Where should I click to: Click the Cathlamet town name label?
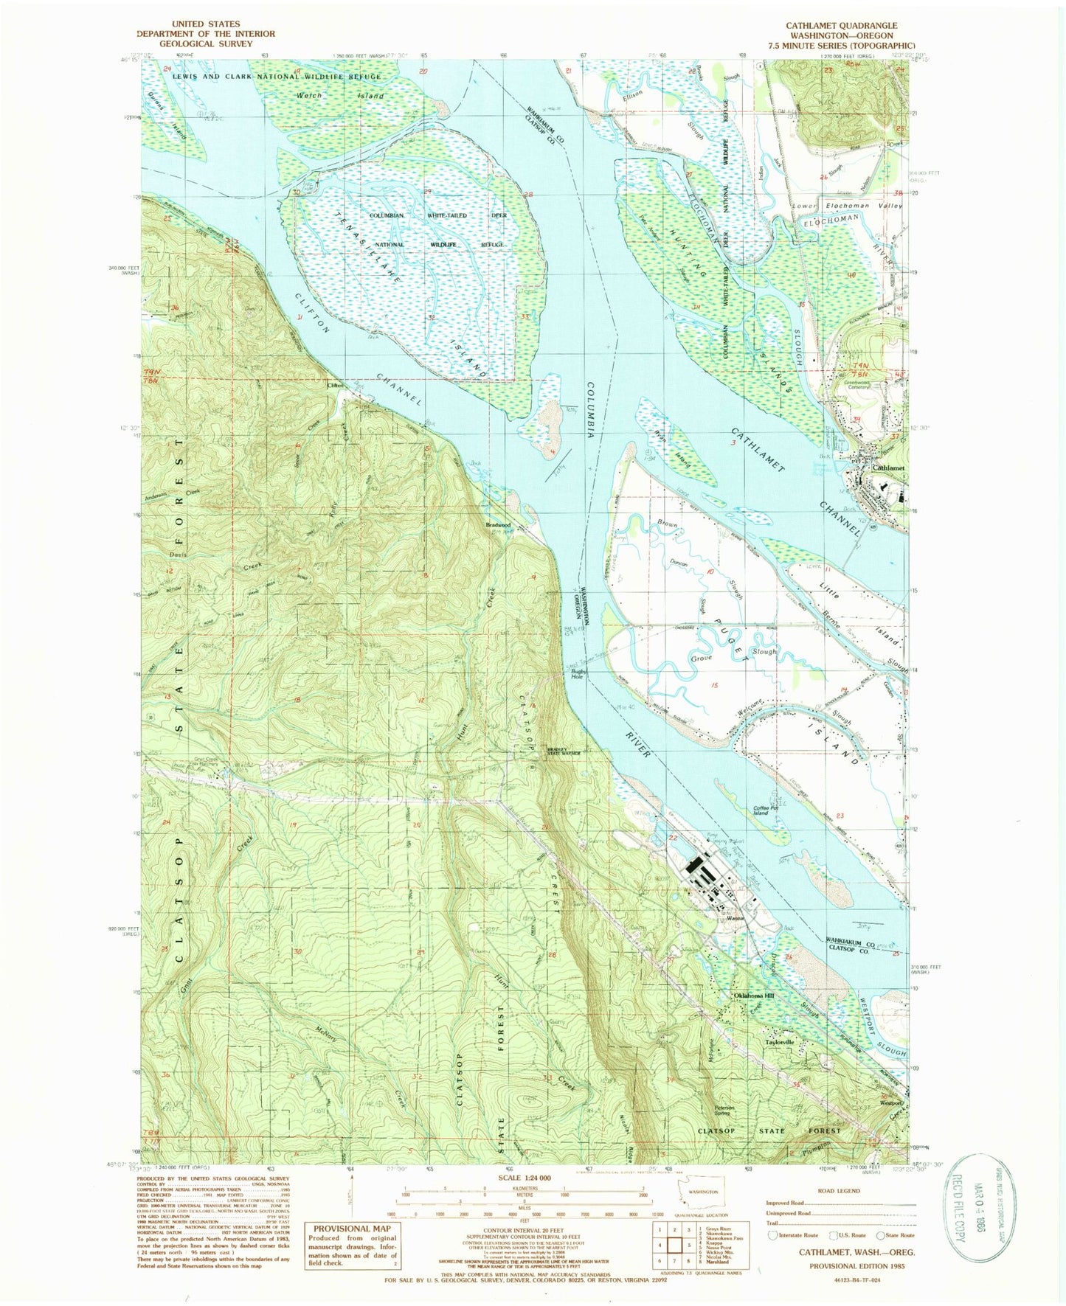point(887,468)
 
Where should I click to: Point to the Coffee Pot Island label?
point(761,810)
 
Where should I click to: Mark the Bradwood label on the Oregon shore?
point(498,526)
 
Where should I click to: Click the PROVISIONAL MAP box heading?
point(351,1228)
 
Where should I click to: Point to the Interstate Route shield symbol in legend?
point(772,1235)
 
